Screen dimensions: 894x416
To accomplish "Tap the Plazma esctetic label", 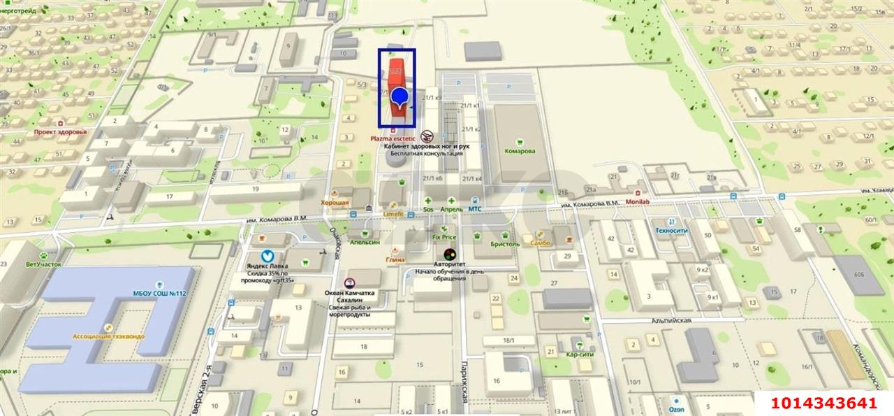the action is [x=393, y=138].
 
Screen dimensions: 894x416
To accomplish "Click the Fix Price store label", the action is [x=444, y=237].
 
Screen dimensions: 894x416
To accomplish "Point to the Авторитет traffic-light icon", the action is [x=449, y=254].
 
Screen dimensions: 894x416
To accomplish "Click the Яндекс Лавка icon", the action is [x=267, y=257].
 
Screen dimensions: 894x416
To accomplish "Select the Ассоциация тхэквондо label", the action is [x=108, y=336].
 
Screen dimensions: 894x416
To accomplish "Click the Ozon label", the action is [x=677, y=409].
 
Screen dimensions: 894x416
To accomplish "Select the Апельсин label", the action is [x=365, y=242].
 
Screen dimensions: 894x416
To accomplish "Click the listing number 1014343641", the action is [x=823, y=403].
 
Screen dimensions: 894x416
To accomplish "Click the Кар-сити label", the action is [x=580, y=354].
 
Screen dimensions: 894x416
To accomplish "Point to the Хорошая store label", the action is [x=335, y=202].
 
